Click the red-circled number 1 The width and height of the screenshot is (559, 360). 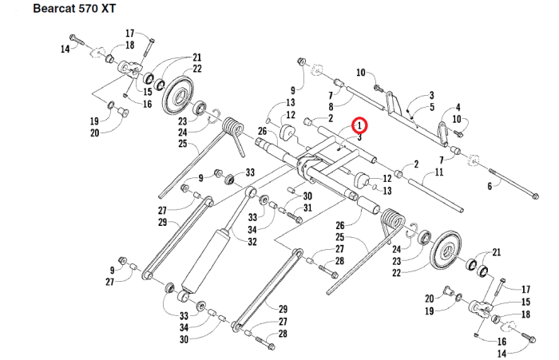pyautogui.click(x=359, y=125)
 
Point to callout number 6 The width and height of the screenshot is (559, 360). pyautogui.click(x=490, y=186)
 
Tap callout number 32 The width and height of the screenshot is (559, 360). pyautogui.click(x=252, y=241)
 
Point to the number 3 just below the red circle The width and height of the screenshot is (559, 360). pyautogui.click(x=360, y=137)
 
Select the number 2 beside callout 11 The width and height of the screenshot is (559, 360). pyautogui.click(x=416, y=164)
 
